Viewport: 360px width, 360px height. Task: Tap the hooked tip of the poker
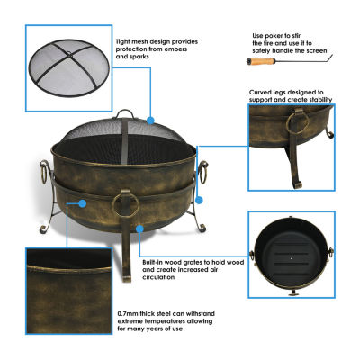[x=331, y=58]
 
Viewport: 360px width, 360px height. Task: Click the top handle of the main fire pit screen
[x=125, y=113]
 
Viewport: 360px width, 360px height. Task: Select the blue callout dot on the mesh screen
[x=150, y=121]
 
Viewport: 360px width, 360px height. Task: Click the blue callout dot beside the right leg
[x=199, y=200]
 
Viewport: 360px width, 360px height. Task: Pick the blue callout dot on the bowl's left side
[x=82, y=203]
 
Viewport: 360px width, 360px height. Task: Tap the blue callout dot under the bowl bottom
[x=139, y=229]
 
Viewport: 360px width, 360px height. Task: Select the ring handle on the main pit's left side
[x=43, y=173]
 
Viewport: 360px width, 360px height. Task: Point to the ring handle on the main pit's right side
[x=203, y=173]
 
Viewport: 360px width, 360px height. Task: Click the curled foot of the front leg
[x=127, y=278]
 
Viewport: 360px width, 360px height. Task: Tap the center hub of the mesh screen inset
[x=69, y=55]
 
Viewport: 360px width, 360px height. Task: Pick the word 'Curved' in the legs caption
[x=260, y=93]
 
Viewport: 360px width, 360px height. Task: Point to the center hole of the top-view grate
[x=291, y=258]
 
